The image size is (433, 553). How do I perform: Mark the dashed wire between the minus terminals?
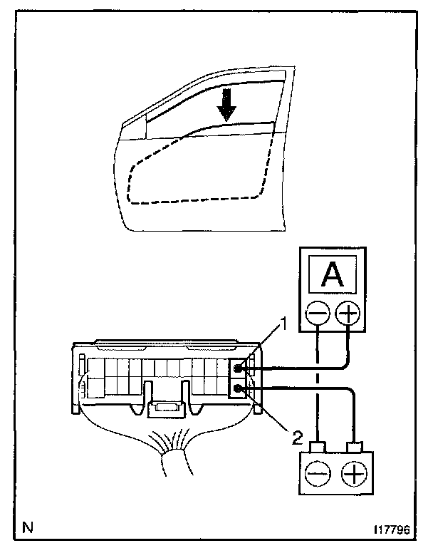coord(318,385)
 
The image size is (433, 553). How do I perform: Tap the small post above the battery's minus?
coord(318,446)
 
